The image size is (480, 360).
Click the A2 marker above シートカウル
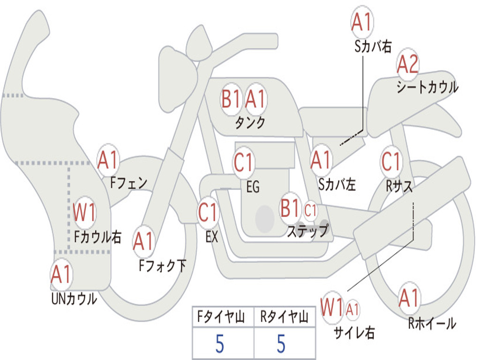[407, 65]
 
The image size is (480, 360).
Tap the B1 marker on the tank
[231, 99]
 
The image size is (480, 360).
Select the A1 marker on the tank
[255, 99]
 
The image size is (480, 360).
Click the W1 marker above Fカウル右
[84, 212]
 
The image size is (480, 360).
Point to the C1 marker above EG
[243, 162]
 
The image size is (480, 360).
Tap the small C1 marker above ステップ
[310, 210]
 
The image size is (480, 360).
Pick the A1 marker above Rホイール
[409, 298]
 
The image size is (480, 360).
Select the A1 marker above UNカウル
[61, 274]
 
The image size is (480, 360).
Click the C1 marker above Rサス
[391, 161]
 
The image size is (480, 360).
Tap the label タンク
[250, 123]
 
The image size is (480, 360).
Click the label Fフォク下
[162, 266]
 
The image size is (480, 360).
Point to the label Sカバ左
[337, 185]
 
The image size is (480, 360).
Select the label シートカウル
[427, 87]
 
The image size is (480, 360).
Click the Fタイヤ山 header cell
[223, 317]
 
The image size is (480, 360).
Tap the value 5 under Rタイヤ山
[281, 344]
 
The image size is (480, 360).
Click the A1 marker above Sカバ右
[362, 22]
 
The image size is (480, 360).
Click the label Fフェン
[129, 183]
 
